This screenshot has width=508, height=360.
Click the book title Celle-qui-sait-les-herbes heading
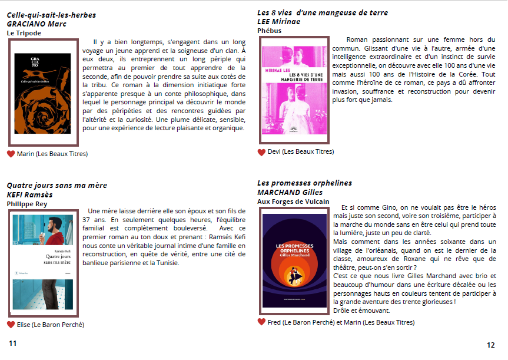(x=51, y=15)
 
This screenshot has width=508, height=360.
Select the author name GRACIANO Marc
(x=36, y=24)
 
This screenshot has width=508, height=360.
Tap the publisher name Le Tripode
(x=24, y=34)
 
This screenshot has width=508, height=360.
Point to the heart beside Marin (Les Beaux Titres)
(x=11, y=154)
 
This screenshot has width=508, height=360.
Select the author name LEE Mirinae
(x=278, y=22)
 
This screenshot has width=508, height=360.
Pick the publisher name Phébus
(x=270, y=31)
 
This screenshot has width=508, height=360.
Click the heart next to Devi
(x=261, y=152)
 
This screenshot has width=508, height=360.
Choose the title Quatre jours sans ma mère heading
(x=57, y=186)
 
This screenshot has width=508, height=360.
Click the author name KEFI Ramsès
(x=29, y=195)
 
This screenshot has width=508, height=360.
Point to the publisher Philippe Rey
(x=26, y=204)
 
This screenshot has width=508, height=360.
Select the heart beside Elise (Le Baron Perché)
(x=11, y=325)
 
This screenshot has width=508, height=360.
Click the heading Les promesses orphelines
(x=304, y=183)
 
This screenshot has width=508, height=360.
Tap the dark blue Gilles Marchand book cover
(x=294, y=260)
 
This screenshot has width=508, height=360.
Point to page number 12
(x=491, y=345)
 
